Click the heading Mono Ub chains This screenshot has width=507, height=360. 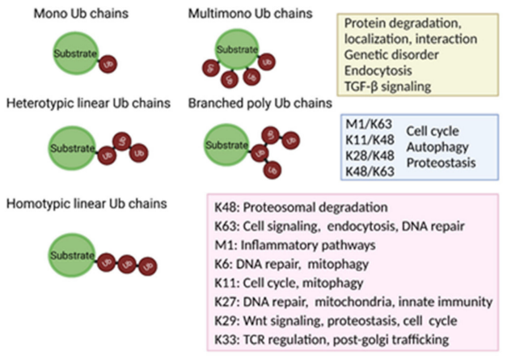coord(73,15)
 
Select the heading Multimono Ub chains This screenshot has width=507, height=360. coord(239,15)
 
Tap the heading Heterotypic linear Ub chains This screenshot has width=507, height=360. coord(87,105)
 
